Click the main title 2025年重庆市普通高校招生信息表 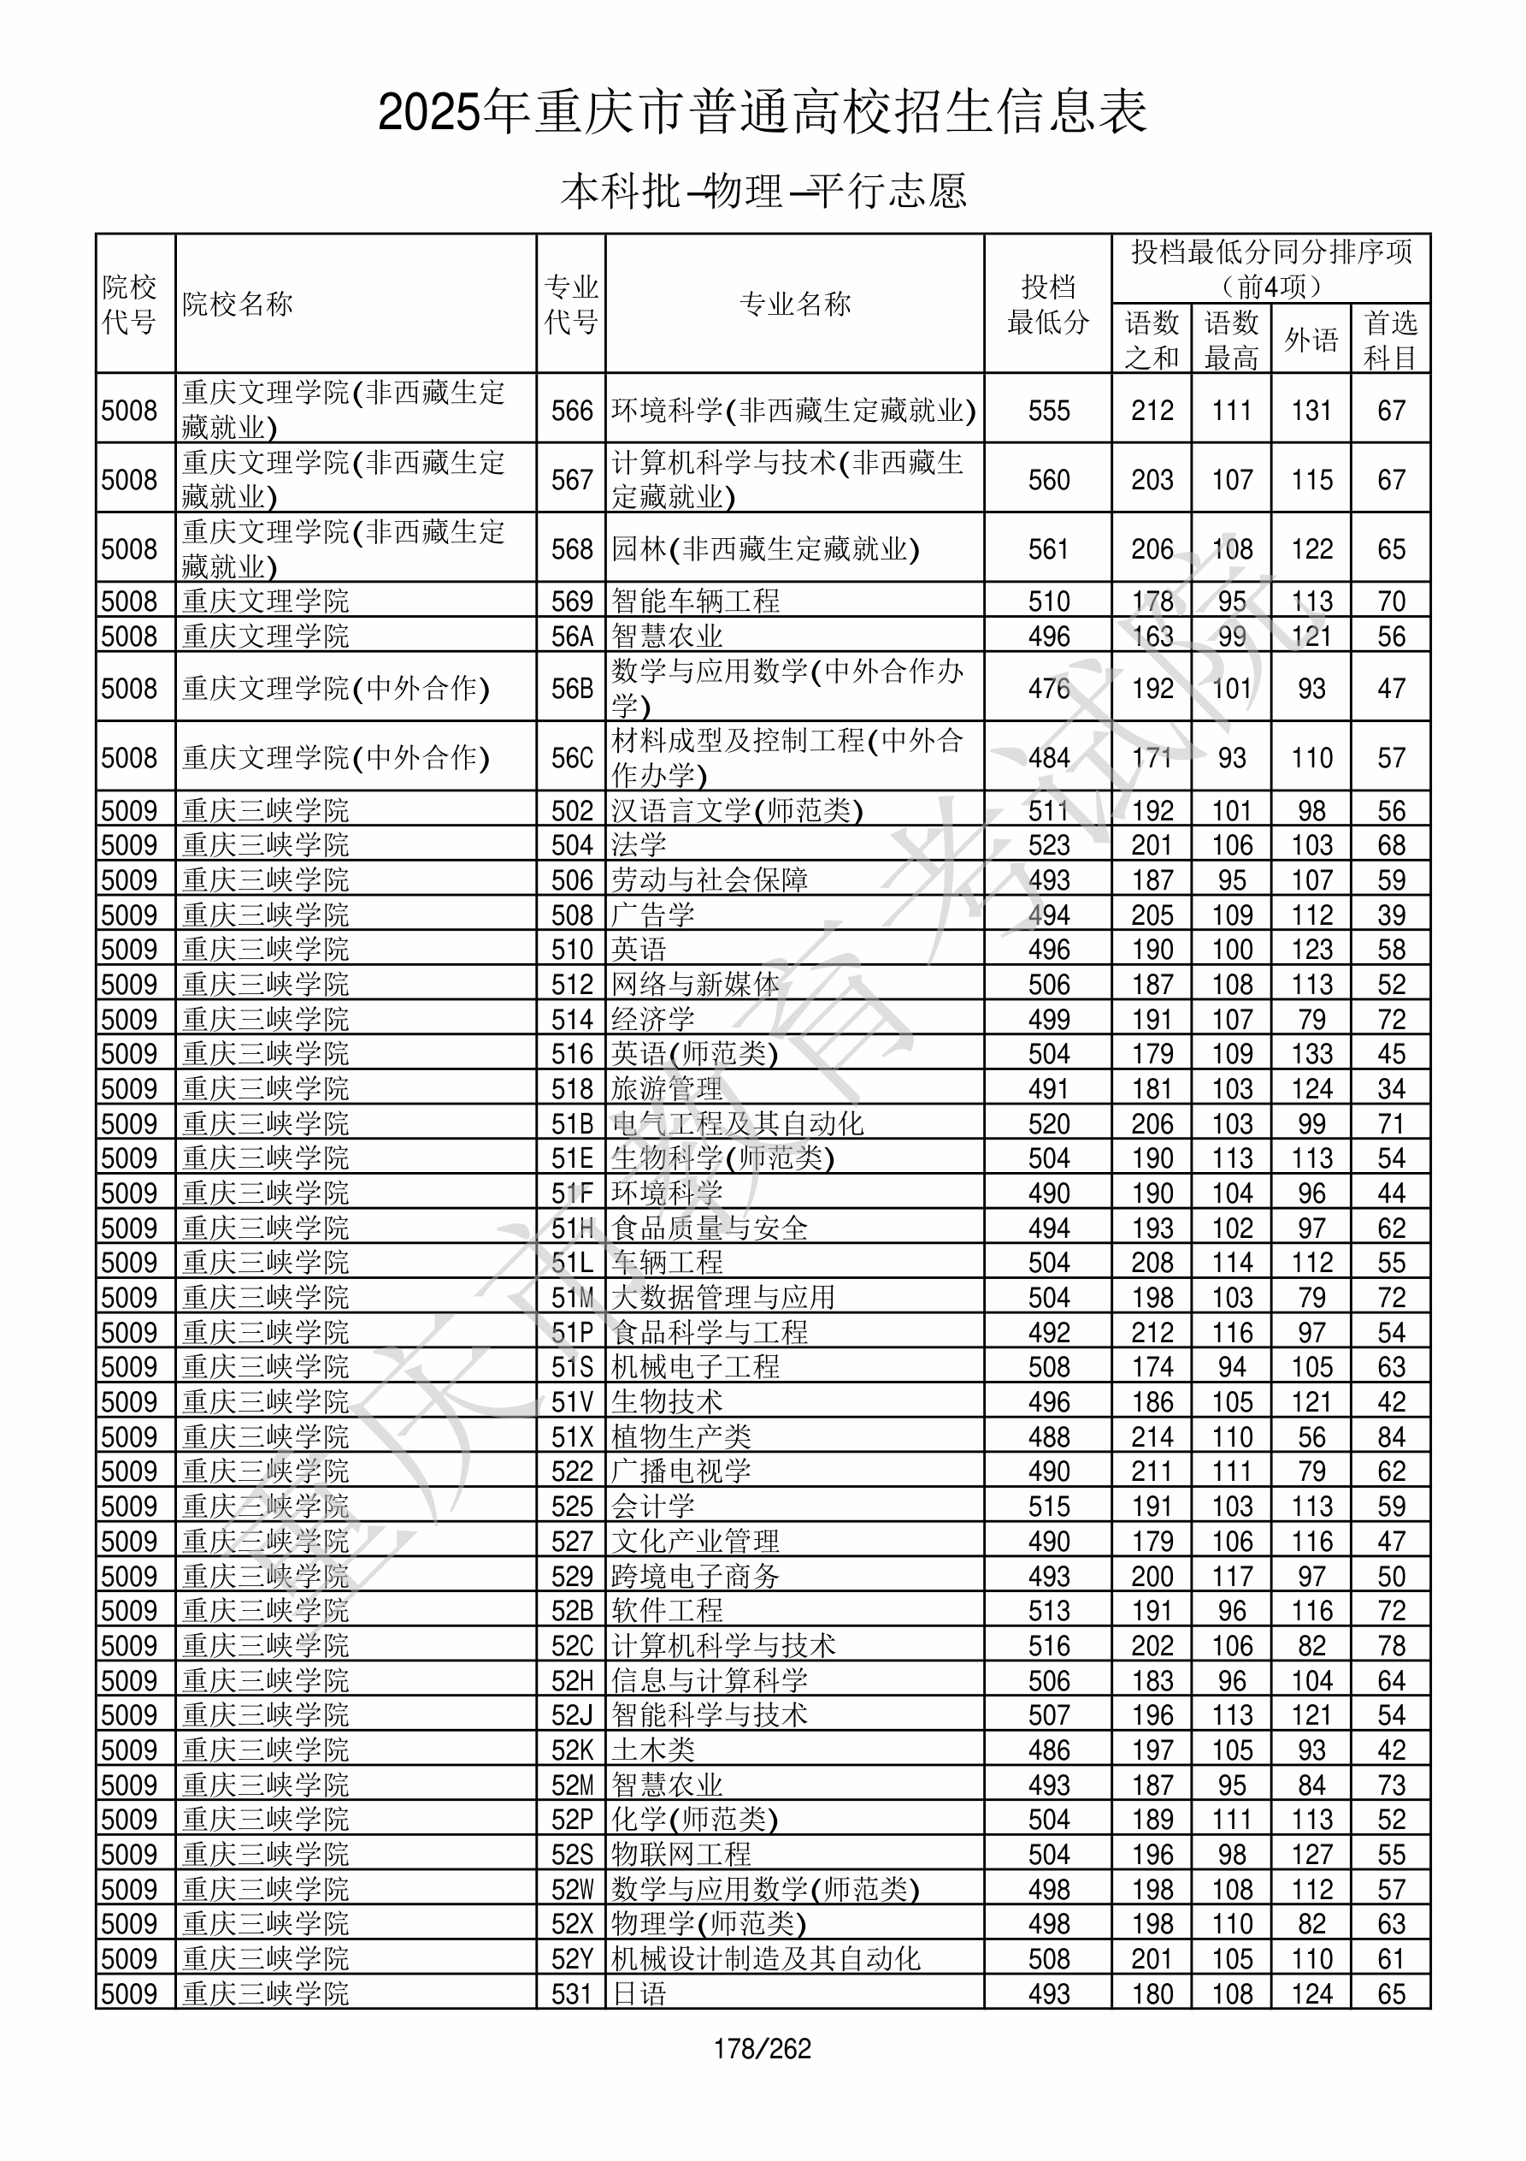pyautogui.click(x=762, y=113)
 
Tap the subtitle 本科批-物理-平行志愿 pyautogui.click(x=762, y=191)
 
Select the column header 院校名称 pyautogui.click(x=238, y=304)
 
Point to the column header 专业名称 pyautogui.click(x=795, y=304)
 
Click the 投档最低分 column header pyautogui.click(x=1048, y=304)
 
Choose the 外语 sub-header pyautogui.click(x=1311, y=339)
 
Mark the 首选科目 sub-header pyautogui.click(x=1391, y=339)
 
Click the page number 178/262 pyautogui.click(x=762, y=2049)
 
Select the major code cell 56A pyautogui.click(x=572, y=636)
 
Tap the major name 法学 pyautogui.click(x=639, y=845)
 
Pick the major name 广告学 pyautogui.click(x=653, y=915)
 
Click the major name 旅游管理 pyautogui.click(x=667, y=1089)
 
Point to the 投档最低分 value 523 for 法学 pyautogui.click(x=1049, y=845)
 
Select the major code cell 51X pyautogui.click(x=572, y=1437)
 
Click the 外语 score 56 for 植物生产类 pyautogui.click(x=1311, y=1437)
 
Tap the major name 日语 pyautogui.click(x=639, y=1993)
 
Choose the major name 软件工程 pyautogui.click(x=667, y=1610)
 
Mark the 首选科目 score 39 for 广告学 pyautogui.click(x=1392, y=915)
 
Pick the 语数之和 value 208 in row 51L pyautogui.click(x=1152, y=1263)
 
